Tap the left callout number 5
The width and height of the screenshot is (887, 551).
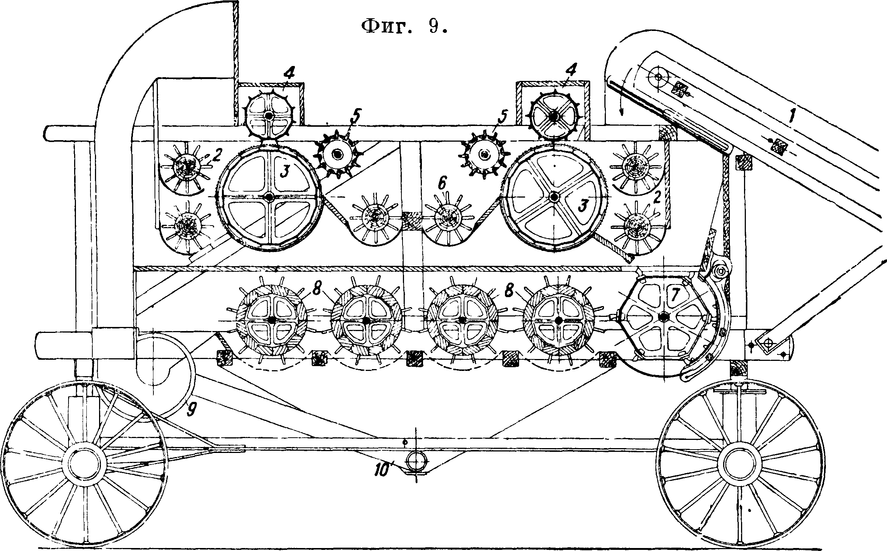356,116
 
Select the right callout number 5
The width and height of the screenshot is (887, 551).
502,118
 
